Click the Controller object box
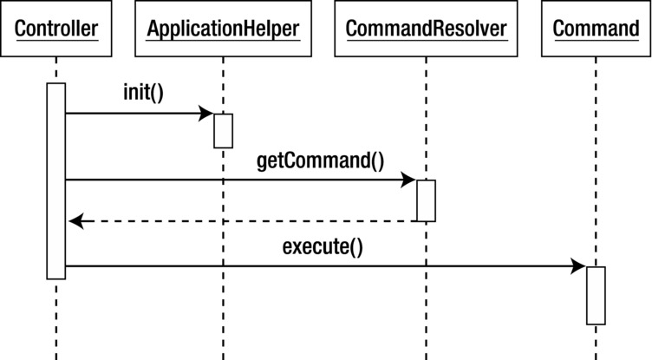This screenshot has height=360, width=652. (55, 29)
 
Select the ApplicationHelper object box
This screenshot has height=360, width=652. (223, 29)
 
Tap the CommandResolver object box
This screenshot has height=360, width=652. (426, 29)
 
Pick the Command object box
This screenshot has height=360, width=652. (596, 29)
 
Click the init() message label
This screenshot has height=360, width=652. (143, 94)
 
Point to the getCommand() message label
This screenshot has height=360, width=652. (320, 160)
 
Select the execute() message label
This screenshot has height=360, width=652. (323, 246)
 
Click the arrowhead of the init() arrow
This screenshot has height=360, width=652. (206, 114)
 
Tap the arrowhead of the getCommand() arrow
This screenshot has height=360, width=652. (409, 180)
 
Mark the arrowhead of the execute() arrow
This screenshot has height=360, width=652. (579, 267)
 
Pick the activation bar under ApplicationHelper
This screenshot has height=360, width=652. (223, 130)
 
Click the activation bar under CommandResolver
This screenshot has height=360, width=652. (426, 200)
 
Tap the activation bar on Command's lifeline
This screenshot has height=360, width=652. (596, 295)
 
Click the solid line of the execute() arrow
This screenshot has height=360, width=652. (321, 267)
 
